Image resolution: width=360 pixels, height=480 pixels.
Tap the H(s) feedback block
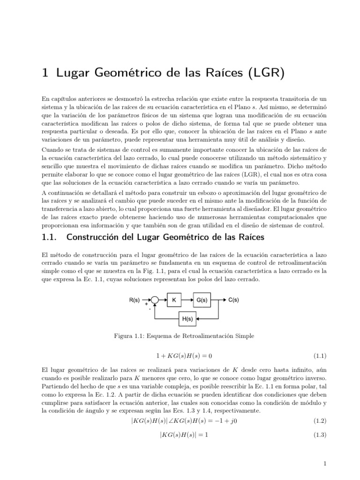pos(187,319)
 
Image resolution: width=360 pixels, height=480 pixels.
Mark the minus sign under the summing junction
pos(150,308)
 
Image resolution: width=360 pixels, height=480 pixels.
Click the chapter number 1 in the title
pos(45,74)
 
